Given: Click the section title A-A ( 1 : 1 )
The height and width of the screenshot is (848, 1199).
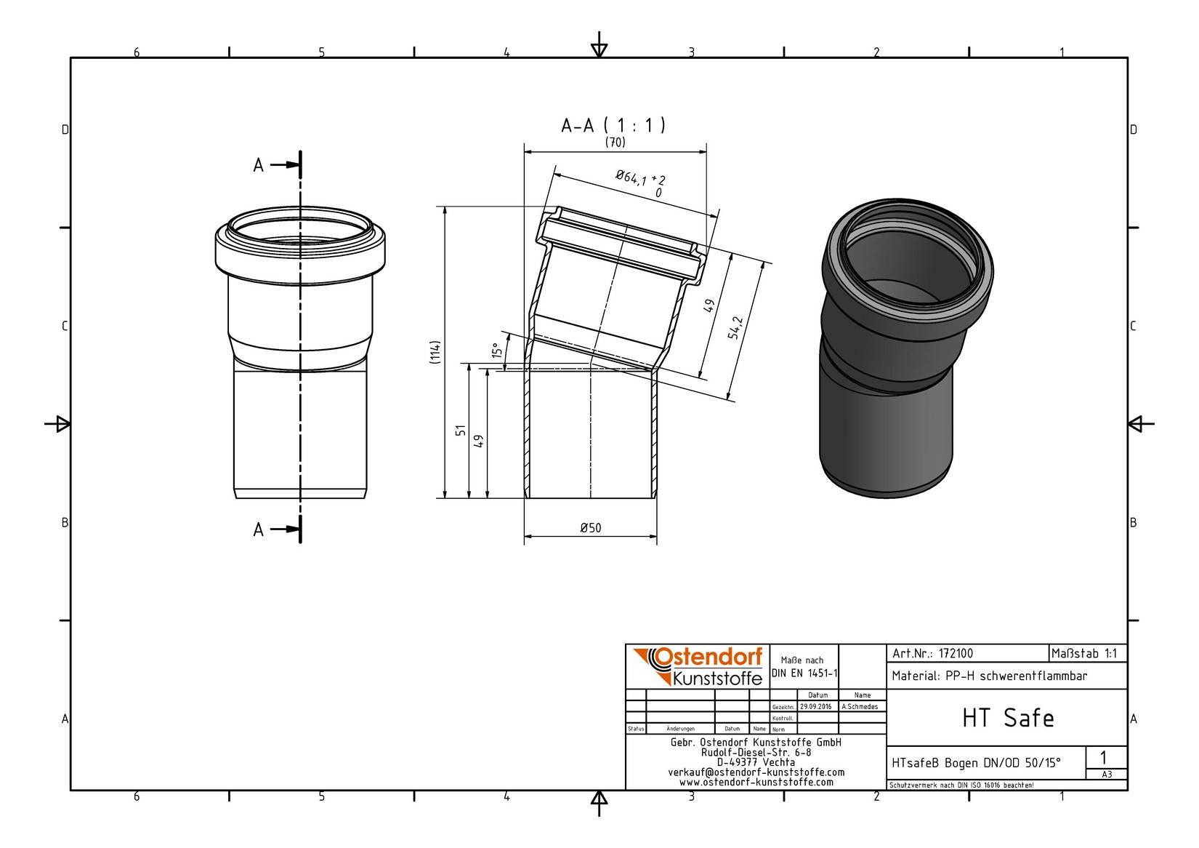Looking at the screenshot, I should [613, 125].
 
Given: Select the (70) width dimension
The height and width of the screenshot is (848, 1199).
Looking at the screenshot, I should [615, 143].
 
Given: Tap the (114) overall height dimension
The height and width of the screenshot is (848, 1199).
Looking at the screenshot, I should [435, 352].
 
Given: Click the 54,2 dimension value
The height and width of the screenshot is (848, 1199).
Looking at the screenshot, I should [735, 327].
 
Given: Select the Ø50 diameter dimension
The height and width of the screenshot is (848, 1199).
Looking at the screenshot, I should [590, 528].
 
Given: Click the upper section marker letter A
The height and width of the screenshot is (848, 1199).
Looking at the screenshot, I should [258, 166].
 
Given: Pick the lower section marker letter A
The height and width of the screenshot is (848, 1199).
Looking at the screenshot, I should [258, 529].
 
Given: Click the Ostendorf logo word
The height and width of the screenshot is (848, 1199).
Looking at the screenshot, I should [708, 657].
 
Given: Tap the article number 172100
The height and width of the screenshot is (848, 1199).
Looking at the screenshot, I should [956, 654].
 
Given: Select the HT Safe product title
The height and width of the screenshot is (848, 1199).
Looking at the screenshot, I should [1008, 718].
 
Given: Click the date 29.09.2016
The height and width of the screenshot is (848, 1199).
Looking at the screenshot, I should [815, 707].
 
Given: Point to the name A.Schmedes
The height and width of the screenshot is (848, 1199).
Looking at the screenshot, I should [860, 707].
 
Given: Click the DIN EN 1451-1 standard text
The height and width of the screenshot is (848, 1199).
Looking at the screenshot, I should [804, 673].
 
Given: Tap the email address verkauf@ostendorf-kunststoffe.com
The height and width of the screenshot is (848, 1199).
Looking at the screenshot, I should [756, 772].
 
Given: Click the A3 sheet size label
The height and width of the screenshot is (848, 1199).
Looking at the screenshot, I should [1106, 775].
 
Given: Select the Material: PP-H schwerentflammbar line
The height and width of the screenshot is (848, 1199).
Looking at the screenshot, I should [989, 676].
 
